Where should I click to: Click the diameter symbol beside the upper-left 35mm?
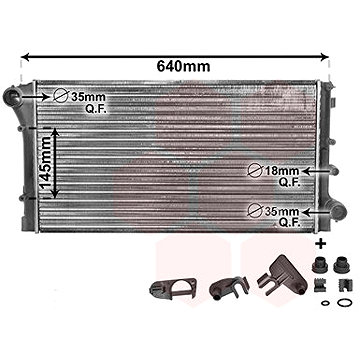coord(60,97)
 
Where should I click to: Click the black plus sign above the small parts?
coord(322,243)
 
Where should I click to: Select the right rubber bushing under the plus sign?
coord(341,267)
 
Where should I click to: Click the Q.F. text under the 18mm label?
coord(290,184)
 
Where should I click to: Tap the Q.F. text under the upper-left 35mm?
coord(80,109)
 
